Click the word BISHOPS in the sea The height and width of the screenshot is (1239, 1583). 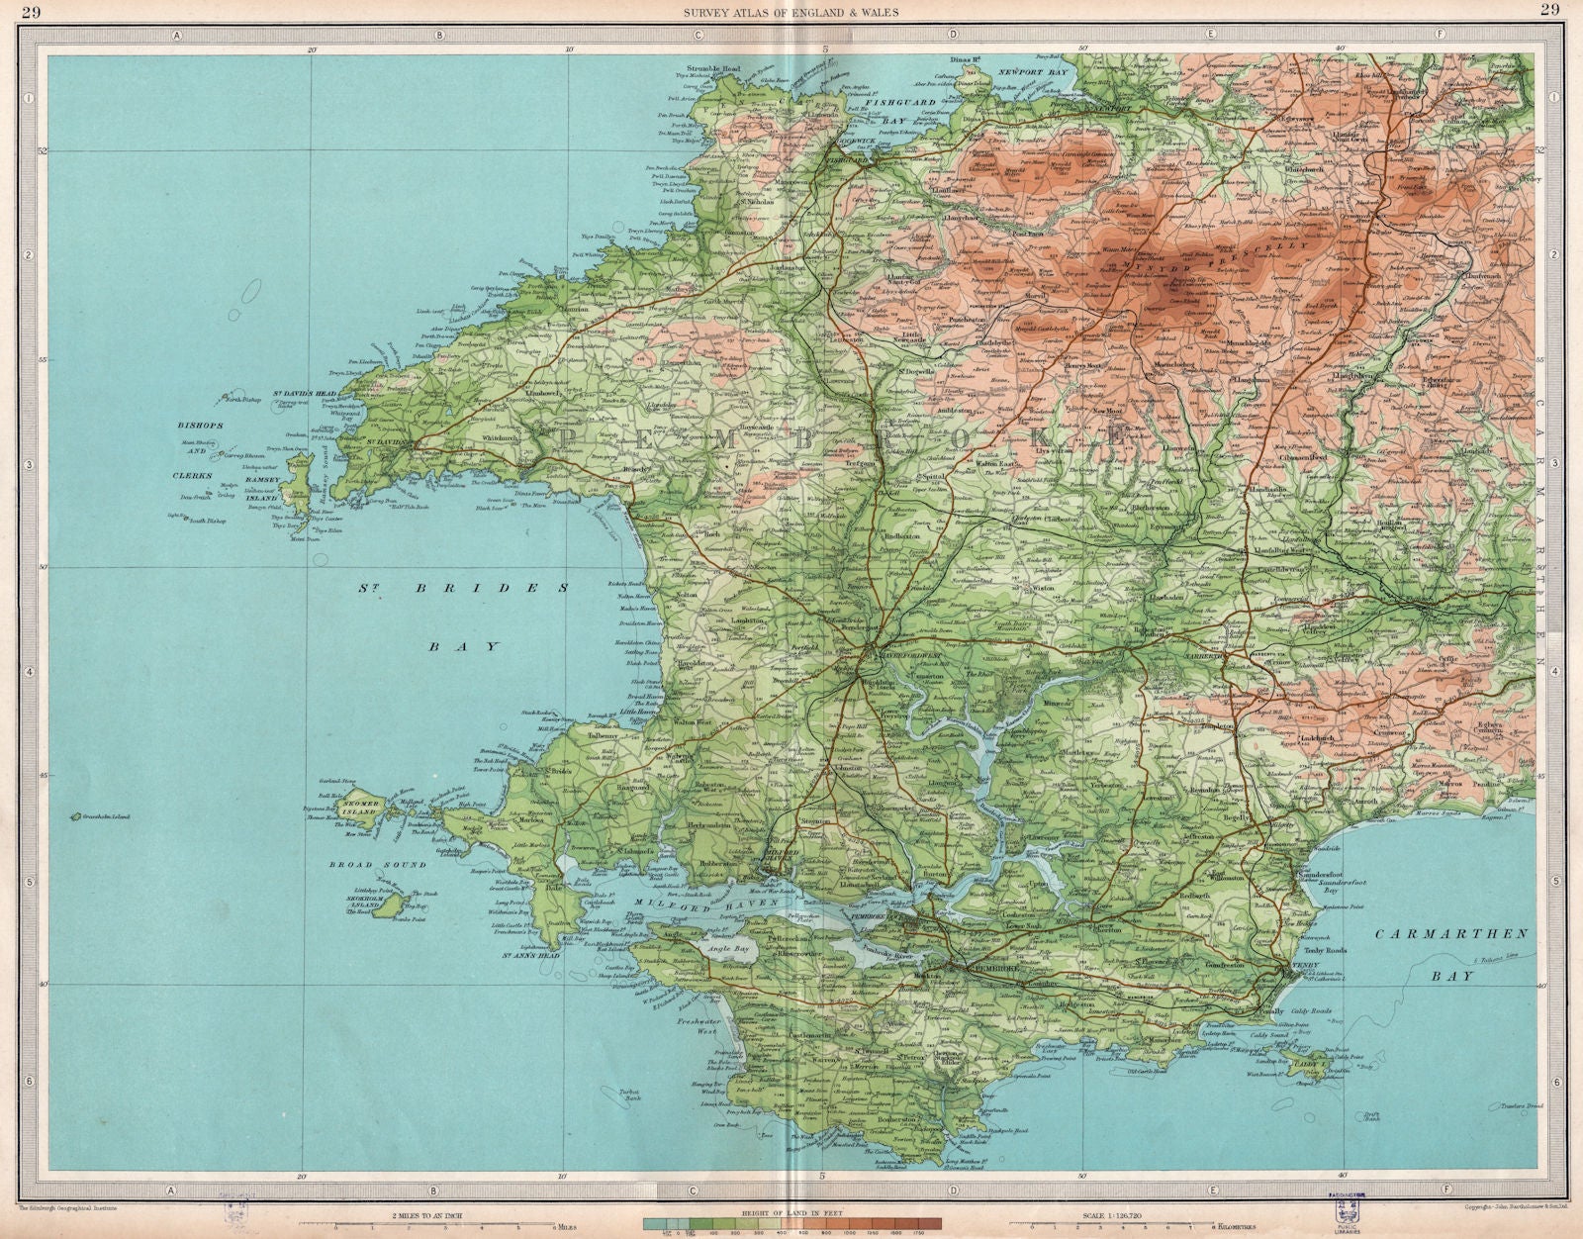coord(203,426)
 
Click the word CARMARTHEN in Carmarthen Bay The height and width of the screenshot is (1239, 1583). coord(1450,934)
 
